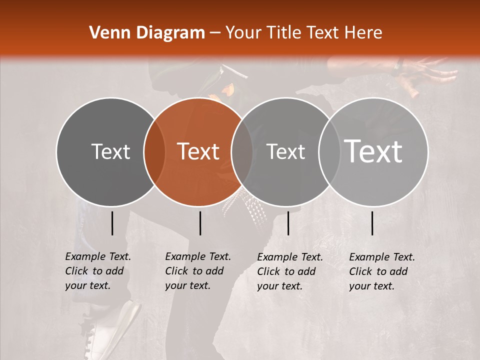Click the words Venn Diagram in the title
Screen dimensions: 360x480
[x=147, y=33]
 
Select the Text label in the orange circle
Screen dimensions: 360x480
[x=198, y=151]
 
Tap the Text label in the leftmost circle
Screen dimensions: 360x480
[x=110, y=151]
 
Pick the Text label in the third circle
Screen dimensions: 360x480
[x=285, y=151]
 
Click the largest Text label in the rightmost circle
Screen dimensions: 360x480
[x=373, y=151]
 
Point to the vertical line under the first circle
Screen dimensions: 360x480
[x=112, y=223]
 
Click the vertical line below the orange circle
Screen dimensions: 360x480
[x=200, y=223]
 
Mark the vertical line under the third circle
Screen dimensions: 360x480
[x=288, y=223]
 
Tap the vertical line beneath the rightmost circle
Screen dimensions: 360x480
[x=372, y=223]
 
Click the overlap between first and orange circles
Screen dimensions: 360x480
[x=154, y=151]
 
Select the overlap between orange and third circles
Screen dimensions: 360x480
[x=242, y=151]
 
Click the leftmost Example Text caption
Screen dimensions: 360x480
[x=98, y=271]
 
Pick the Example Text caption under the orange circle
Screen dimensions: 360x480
[x=198, y=271]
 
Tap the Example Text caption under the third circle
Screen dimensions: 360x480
[x=290, y=271]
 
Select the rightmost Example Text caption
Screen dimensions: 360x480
[x=382, y=271]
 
